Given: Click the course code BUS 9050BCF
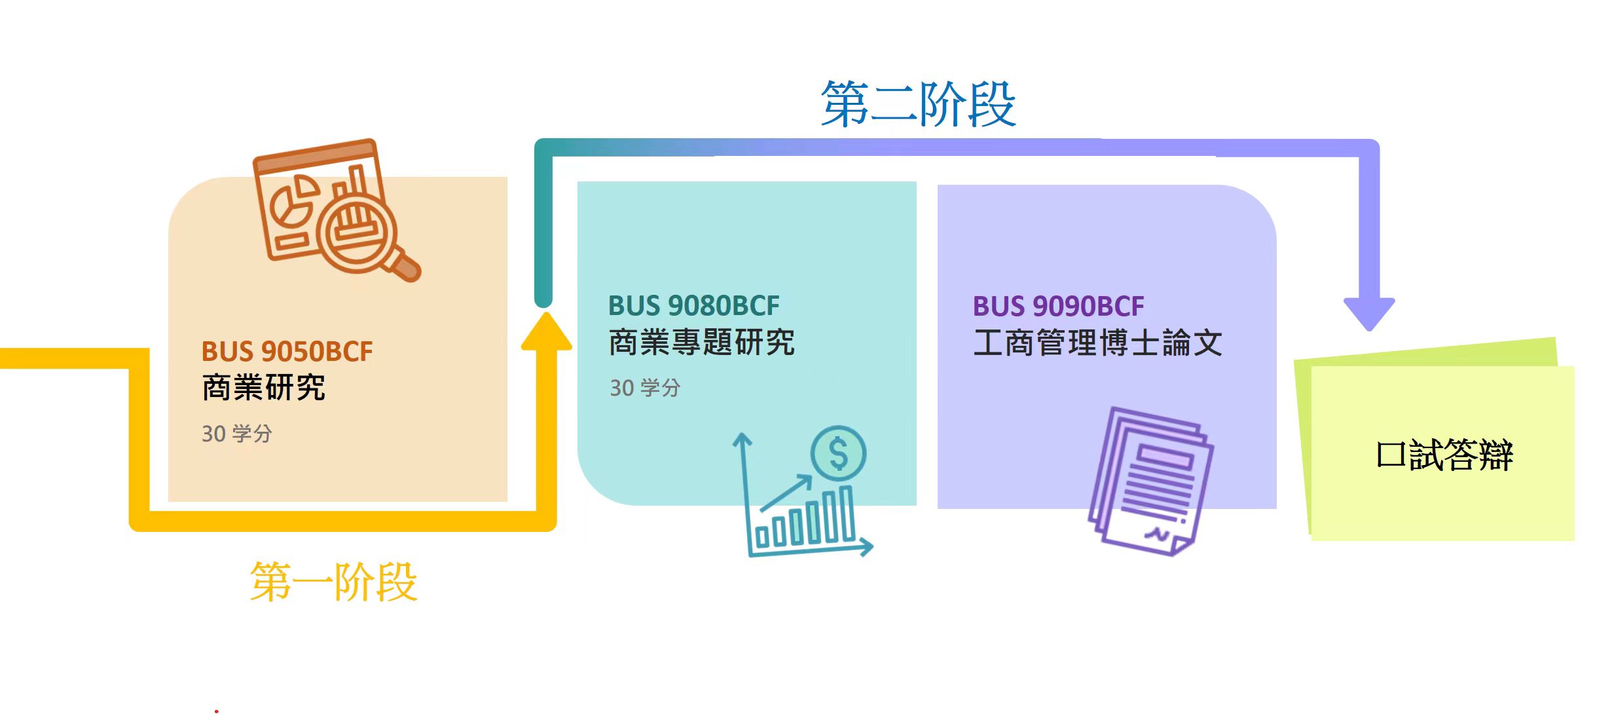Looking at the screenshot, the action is point(287,351).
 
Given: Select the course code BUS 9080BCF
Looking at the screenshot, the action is point(694,305).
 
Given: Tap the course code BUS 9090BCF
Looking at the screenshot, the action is point(1058,306).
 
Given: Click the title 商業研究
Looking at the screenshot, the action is point(264,387).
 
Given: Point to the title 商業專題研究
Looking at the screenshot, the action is point(702,342).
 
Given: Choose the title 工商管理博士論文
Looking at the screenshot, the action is point(1097,343).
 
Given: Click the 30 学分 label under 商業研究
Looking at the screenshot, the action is point(236,434).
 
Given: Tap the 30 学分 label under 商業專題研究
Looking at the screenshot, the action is point(645,388).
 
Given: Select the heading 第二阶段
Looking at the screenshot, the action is point(918,103).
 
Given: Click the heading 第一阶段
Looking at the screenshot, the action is point(333,582).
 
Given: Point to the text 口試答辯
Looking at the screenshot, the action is point(1444,455).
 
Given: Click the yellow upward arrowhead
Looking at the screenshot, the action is point(546,333).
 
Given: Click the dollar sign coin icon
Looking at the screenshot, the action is point(838,453).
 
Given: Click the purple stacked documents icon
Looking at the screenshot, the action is point(1150,481).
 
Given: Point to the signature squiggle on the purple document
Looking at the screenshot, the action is point(1156,535).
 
